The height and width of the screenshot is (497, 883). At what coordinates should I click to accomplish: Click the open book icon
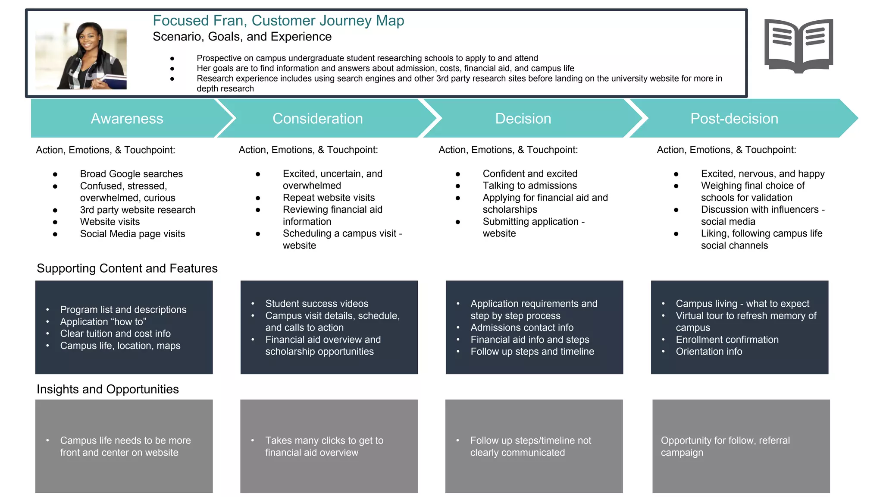[798, 46]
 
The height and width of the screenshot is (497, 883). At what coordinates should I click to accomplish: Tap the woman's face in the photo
[89, 39]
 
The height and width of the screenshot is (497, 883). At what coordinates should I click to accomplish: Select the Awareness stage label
[127, 119]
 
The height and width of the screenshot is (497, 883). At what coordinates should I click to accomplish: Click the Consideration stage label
[317, 119]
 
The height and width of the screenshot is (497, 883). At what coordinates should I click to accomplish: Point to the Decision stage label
[523, 119]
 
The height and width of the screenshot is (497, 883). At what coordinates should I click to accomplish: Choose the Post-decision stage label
[734, 119]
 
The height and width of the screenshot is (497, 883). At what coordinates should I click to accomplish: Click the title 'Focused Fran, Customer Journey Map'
[278, 21]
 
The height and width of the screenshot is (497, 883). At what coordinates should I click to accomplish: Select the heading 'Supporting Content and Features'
[127, 268]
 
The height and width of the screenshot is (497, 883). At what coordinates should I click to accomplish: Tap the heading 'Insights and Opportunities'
[107, 389]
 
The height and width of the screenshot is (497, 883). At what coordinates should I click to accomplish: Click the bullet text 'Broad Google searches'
[131, 174]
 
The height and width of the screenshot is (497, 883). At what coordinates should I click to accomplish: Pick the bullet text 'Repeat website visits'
[329, 198]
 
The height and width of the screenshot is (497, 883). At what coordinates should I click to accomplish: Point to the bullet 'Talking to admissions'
[529, 186]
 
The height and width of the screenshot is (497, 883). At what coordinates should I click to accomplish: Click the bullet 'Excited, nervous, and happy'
[762, 174]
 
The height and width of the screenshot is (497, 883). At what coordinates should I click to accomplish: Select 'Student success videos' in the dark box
[316, 304]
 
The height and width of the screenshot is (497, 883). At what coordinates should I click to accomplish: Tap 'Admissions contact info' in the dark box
[522, 327]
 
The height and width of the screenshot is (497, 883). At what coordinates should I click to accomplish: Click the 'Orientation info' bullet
[709, 352]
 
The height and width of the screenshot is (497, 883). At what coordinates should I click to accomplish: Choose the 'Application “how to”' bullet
[103, 322]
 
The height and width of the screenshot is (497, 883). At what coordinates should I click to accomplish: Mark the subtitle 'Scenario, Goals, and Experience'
[242, 37]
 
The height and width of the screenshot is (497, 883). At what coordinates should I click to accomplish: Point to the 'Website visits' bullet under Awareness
[110, 222]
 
